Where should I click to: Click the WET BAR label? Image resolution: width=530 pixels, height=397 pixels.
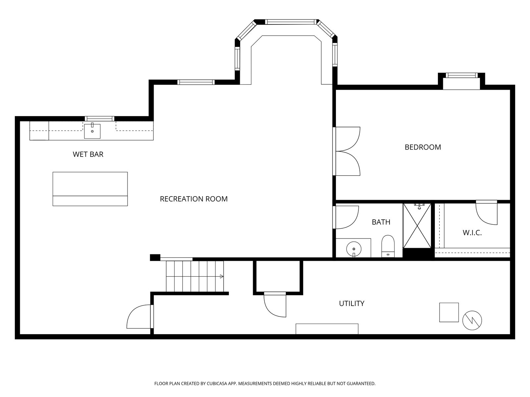(88, 154)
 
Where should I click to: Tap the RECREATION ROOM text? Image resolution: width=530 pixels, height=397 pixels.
(194, 199)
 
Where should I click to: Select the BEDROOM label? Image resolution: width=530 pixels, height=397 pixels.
(423, 147)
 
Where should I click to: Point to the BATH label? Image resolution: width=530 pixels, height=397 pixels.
(381, 222)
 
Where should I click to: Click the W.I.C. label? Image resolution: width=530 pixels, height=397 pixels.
(472, 233)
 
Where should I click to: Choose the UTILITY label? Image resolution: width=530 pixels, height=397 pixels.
(351, 303)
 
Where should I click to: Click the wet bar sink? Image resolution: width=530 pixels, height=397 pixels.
(92, 131)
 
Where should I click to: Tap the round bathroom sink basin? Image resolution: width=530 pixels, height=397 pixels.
(354, 249)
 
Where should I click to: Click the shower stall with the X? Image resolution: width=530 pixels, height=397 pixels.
(417, 226)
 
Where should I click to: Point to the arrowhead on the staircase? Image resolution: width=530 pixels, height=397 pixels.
(222, 277)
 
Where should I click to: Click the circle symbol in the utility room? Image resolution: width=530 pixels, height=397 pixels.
(472, 320)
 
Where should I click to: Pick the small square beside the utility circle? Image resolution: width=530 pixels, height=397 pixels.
(449, 312)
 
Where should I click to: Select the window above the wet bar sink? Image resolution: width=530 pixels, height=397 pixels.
(99, 118)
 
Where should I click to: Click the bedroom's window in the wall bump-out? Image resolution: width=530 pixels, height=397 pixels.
(462, 75)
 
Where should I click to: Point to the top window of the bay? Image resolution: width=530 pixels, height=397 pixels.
(291, 22)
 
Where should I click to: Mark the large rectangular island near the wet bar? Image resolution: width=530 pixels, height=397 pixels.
(90, 189)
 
